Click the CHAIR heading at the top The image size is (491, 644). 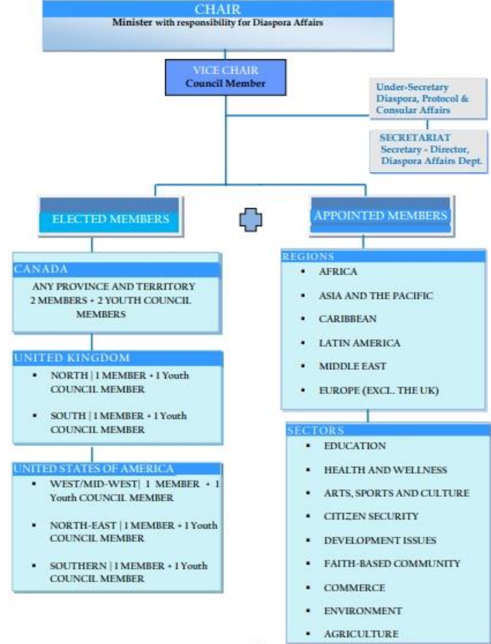click(218, 9)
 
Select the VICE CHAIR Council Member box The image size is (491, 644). click(225, 77)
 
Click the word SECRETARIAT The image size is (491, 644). click(415, 138)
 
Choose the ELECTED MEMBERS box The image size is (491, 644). click(110, 219)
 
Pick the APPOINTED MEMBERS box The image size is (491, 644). click(380, 216)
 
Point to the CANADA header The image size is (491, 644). click(41, 269)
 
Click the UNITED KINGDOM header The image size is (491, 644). click(72, 358)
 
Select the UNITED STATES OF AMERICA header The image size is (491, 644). click(94, 468)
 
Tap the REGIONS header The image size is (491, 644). click(308, 256)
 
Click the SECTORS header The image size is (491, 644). click(315, 430)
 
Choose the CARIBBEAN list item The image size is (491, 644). click(347, 319)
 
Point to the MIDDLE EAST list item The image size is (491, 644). click(352, 367)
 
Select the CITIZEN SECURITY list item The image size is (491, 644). click(371, 516)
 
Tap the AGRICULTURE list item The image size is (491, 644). click(361, 634)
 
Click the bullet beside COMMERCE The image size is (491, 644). click(308, 588)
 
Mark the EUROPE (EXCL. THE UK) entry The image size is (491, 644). click(379, 391)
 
